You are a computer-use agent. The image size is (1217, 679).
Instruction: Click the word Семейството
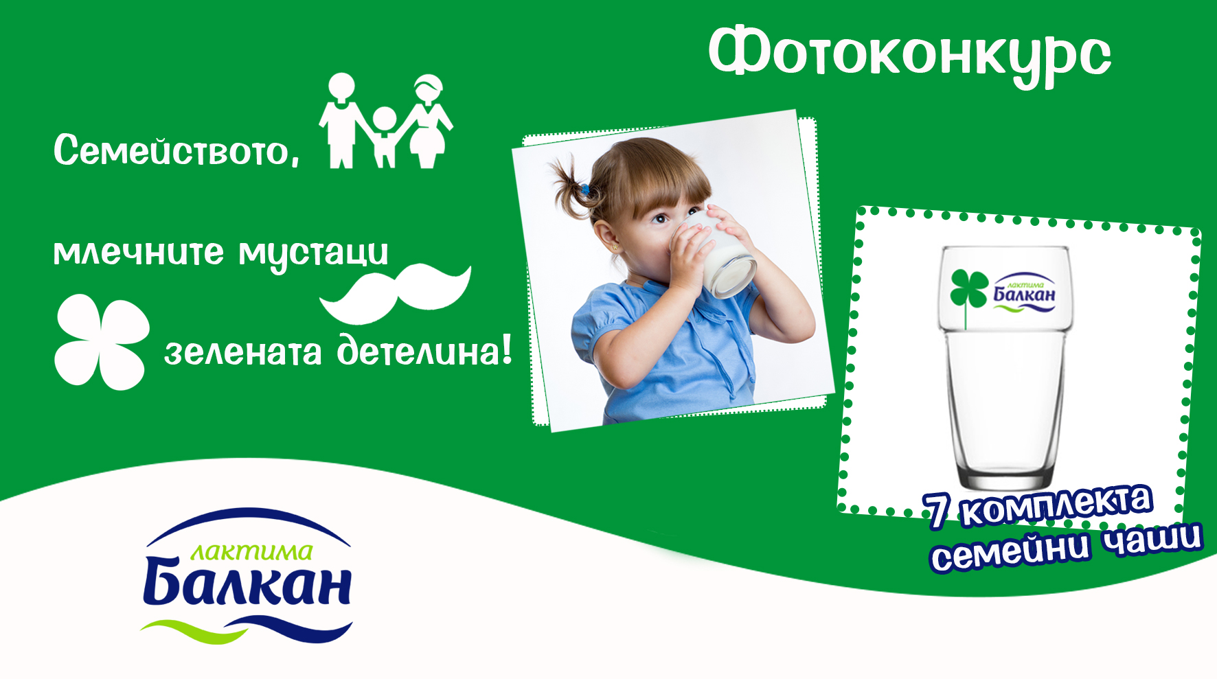click(177, 150)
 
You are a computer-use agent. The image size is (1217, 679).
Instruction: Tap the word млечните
click(139, 252)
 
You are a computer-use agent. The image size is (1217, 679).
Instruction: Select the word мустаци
click(313, 255)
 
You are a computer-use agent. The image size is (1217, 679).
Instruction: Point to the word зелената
click(242, 352)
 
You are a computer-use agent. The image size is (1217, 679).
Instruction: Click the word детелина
click(424, 349)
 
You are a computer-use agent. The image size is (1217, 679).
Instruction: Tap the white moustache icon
click(396, 294)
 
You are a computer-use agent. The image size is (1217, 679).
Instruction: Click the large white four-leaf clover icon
click(102, 342)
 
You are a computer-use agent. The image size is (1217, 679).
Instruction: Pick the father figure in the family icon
click(341, 121)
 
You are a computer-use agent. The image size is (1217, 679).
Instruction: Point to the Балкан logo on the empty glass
click(1023, 293)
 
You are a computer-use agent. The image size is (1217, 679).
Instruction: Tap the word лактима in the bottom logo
click(251, 551)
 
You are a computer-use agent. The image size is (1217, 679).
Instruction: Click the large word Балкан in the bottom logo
click(248, 582)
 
